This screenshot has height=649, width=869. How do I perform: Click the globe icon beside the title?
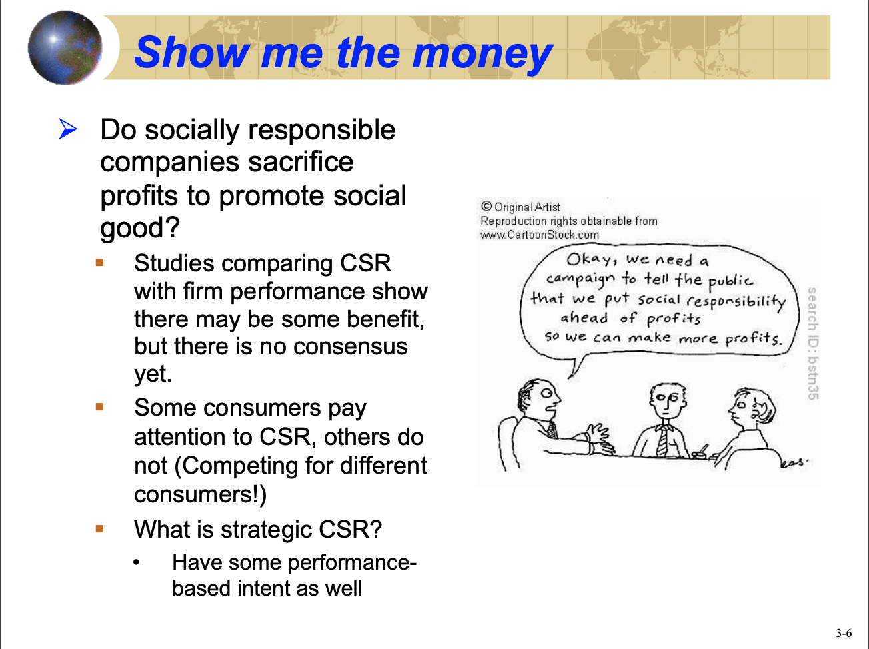point(65,48)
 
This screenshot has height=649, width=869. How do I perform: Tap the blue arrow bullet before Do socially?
point(68,129)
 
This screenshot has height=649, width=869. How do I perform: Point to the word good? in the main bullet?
point(140,228)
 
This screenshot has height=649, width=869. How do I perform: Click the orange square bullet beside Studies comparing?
point(99,263)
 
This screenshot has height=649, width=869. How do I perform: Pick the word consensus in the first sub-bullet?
point(350,346)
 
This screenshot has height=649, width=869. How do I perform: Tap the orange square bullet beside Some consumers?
point(99,407)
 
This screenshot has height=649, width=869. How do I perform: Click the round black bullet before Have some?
point(136,562)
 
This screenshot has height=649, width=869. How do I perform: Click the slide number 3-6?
point(844,633)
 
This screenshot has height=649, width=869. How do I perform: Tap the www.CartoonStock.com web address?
point(540,235)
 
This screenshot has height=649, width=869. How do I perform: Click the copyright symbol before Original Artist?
point(486,206)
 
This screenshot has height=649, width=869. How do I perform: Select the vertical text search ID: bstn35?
point(813,344)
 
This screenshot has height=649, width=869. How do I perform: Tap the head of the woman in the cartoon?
point(751,408)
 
